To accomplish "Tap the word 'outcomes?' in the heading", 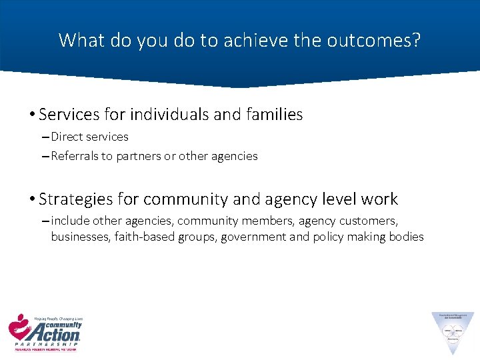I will click(x=374, y=40).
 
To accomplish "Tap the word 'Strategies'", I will click(x=75, y=199).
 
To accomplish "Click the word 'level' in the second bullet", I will click(x=317, y=199).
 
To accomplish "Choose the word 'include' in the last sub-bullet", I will click(x=71, y=221).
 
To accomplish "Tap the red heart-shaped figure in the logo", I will click(x=19, y=327).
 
